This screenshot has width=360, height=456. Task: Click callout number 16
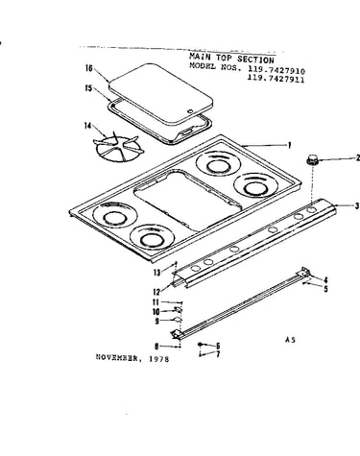pos(89,68)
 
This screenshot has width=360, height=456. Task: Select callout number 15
pos(88,88)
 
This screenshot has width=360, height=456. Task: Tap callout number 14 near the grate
pos(88,126)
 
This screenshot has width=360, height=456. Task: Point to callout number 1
pos(289,146)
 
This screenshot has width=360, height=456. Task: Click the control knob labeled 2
pos(312,159)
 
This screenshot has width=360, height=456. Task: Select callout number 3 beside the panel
pos(357,205)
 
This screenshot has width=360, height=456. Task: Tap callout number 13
pos(156,273)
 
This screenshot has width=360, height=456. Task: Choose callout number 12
pos(156,292)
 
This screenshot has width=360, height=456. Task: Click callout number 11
pos(156,302)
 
